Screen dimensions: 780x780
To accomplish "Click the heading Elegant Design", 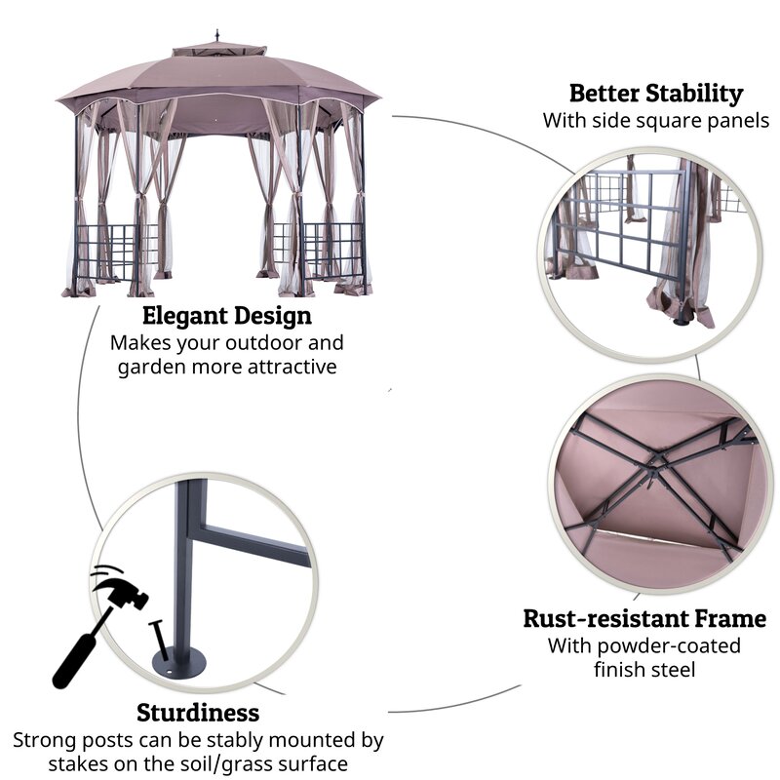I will (x=227, y=316).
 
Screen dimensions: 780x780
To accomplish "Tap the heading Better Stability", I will (x=655, y=94).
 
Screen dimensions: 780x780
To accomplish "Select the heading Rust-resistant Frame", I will (x=644, y=618).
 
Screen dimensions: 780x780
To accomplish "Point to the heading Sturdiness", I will (x=198, y=712).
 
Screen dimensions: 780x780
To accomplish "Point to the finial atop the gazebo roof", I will (x=218, y=37).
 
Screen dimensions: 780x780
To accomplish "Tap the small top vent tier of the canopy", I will (x=217, y=50).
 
